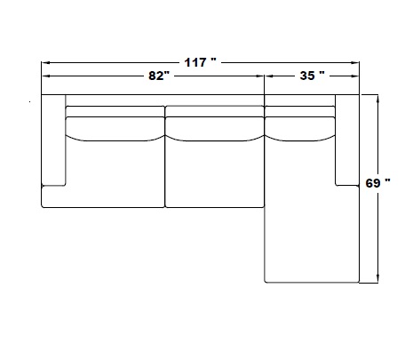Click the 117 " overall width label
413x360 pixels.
[x=201, y=62]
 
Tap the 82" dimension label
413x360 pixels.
[x=159, y=76]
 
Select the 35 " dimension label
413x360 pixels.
[x=312, y=76]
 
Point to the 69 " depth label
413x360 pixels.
[x=377, y=183]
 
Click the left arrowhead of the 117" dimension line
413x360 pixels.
[x=45, y=63]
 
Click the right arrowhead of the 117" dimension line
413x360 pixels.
[x=355, y=63]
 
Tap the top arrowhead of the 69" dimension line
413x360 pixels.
[x=377, y=99]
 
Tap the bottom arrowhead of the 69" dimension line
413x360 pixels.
[x=377, y=279]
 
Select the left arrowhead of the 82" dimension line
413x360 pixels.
[x=45, y=76]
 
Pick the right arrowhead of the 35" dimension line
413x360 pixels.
[x=355, y=76]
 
